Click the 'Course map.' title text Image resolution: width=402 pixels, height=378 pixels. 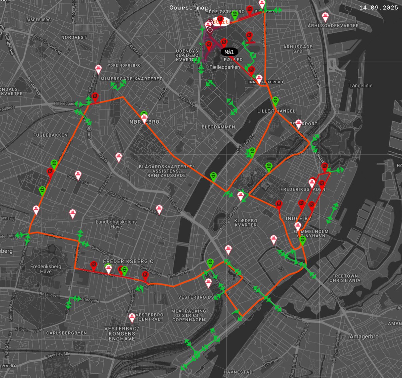pos(190,8)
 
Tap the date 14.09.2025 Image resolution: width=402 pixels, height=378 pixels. pos(378,8)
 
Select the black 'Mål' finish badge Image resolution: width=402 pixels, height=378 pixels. pos(229,52)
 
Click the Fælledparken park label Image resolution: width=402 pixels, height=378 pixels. pos(225,67)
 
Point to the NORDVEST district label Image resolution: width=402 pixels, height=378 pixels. pos(74,37)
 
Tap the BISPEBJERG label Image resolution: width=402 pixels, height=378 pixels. pos(39,20)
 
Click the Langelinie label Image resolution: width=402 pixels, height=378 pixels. pos(361,86)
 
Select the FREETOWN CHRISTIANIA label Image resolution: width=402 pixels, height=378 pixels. pos(345,278)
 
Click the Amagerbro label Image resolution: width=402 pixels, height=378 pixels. pos(364,336)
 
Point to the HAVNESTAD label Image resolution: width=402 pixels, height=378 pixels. pos(238,372)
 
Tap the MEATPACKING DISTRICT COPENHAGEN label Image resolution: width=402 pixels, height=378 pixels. pos(189,315)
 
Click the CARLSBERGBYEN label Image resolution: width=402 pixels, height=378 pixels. pos(66,333)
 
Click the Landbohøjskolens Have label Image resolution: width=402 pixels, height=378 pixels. pos(116,224)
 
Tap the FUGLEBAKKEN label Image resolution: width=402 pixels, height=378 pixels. pos(50,135)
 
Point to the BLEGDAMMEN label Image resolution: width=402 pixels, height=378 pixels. pos(218,127)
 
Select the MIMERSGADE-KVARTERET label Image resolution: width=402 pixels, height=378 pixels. pos(131,79)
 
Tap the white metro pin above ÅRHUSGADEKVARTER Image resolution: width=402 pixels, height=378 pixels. pos(325,16)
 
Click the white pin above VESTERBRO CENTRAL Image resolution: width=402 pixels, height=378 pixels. pos(132,317)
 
